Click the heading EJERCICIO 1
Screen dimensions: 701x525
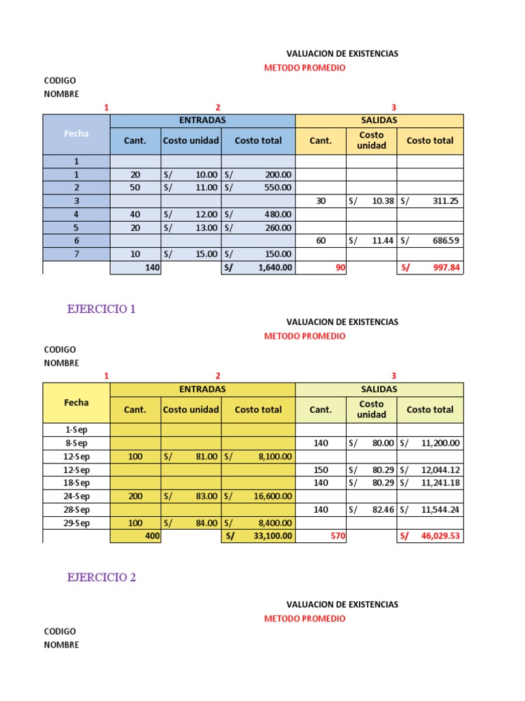(101, 309)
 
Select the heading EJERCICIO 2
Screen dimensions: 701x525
(101, 577)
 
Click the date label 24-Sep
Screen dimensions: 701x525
(77, 496)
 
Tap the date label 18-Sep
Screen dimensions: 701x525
(77, 483)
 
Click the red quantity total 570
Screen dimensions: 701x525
(338, 537)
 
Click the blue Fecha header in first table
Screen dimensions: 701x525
(77, 134)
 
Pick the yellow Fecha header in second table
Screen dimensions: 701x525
(77, 403)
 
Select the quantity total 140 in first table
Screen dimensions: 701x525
(152, 268)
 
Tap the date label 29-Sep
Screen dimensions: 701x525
(77, 523)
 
